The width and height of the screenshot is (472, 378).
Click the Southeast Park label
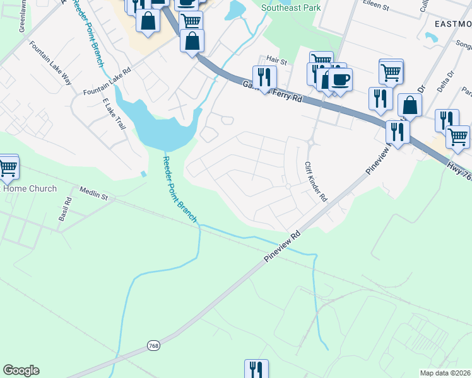click(291, 8)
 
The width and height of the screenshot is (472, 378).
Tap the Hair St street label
click(276, 61)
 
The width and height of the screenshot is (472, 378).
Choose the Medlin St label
click(94, 193)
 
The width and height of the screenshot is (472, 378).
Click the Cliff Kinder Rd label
click(316, 181)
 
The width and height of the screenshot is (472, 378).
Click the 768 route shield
click(154, 345)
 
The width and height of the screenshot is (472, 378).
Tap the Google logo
click(21, 370)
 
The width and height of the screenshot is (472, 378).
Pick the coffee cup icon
click(340, 79)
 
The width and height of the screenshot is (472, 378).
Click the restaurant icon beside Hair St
click(265, 77)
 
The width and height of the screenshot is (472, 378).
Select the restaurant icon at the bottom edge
click(256, 369)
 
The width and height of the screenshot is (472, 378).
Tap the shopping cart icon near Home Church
click(8, 167)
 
